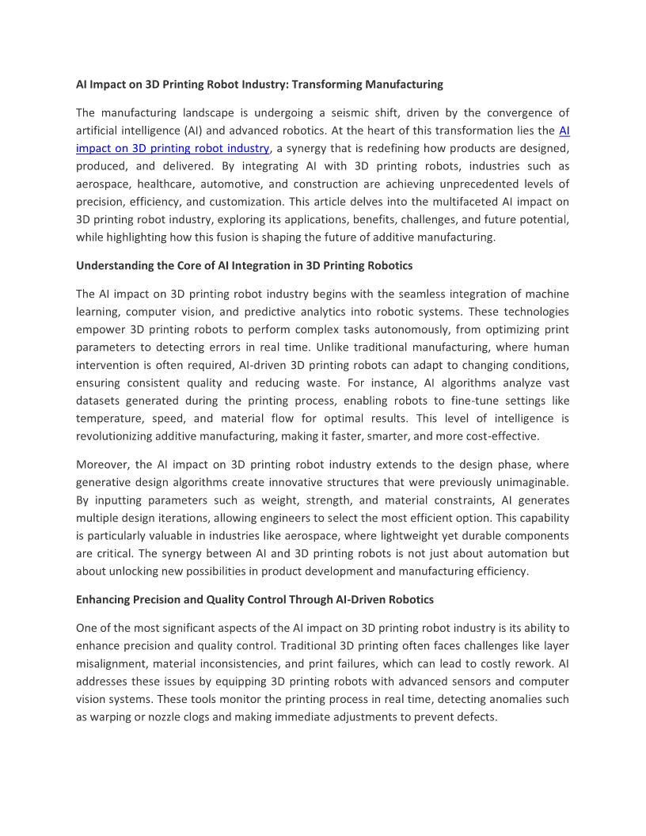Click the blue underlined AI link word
(x=564, y=131)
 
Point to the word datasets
(x=97, y=401)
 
